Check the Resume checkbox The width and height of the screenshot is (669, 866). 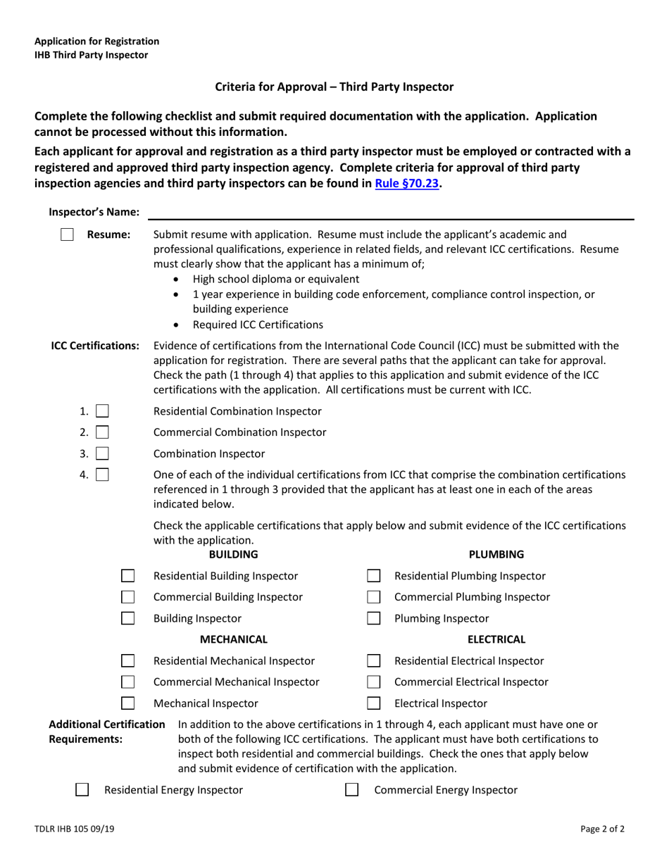tap(67, 234)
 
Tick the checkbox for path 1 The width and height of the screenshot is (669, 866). tap(102, 411)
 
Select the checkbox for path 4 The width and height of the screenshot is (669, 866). tap(102, 475)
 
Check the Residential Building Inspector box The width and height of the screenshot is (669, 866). tap(128, 576)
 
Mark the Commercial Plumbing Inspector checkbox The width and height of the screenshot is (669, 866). tap(374, 597)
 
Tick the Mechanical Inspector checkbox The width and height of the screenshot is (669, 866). tap(128, 703)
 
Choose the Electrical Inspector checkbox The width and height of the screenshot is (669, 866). tap(374, 703)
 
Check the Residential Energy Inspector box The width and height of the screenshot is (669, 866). tap(82, 790)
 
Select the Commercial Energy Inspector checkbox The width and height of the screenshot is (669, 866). tap(351, 790)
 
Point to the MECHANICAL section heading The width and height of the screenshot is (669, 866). tap(234, 639)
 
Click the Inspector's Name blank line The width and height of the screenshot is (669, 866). tap(391, 213)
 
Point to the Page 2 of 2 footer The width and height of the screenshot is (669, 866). tap(602, 829)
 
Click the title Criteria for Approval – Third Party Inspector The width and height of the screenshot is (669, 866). tap(334, 87)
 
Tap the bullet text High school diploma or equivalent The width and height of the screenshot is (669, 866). tap(276, 279)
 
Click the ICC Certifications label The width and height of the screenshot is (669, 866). tap(95, 346)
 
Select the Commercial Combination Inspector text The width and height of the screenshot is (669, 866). tap(239, 432)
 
